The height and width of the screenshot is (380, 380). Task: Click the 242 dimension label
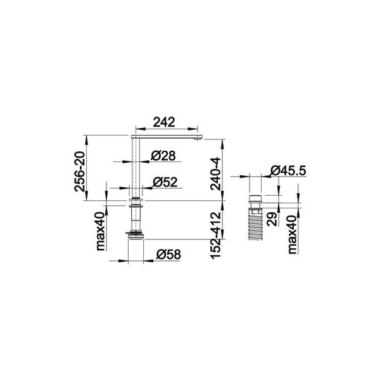click(164, 122)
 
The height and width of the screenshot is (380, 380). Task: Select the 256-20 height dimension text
click(80, 172)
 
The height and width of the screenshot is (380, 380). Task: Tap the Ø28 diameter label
click(163, 156)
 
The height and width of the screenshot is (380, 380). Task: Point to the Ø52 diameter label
click(165, 182)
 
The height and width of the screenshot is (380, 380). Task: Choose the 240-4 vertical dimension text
click(215, 174)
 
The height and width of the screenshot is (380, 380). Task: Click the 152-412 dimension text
click(215, 236)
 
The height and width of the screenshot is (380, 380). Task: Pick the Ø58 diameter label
click(168, 255)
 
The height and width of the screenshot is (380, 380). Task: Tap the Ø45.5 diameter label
click(288, 170)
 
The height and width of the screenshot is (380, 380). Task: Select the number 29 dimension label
click(272, 219)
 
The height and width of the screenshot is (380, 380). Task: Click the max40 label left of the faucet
click(101, 231)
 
